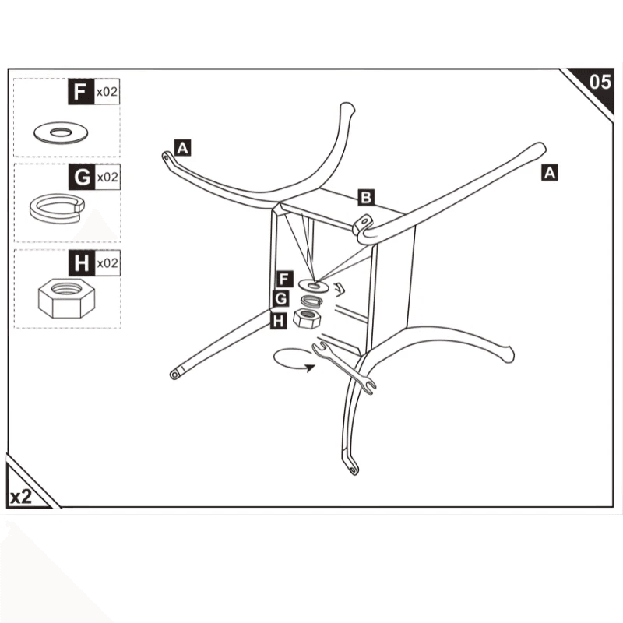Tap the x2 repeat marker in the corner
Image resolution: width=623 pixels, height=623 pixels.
pyautogui.click(x=21, y=496)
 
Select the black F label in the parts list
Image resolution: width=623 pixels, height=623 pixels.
pyautogui.click(x=79, y=92)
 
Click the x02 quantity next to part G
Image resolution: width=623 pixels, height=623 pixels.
pyautogui.click(x=107, y=178)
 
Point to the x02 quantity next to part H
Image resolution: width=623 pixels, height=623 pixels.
pyautogui.click(x=107, y=263)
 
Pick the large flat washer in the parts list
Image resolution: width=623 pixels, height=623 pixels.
pyautogui.click(x=59, y=132)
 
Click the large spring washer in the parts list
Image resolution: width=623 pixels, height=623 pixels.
pyautogui.click(x=56, y=206)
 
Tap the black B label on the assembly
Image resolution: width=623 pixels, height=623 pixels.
pyautogui.click(x=365, y=196)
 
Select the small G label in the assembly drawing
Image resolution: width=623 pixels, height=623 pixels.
pyautogui.click(x=281, y=299)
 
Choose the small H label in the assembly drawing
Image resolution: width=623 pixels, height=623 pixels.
pyautogui.click(x=279, y=319)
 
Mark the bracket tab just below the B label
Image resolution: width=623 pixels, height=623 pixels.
pyautogui.click(x=363, y=224)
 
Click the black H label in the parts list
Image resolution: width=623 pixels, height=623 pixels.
pyautogui.click(x=79, y=263)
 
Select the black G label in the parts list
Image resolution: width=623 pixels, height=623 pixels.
pyautogui.click(x=79, y=178)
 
